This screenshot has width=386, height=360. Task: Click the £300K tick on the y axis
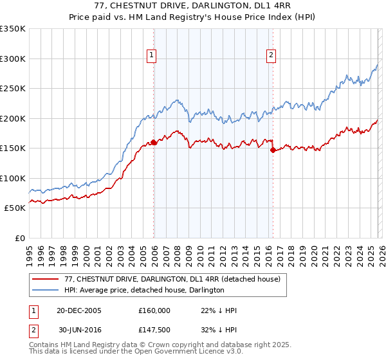(13, 59)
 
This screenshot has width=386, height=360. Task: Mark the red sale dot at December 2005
(154, 143)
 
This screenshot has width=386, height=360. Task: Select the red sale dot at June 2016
(273, 150)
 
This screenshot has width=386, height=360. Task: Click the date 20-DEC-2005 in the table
(79, 310)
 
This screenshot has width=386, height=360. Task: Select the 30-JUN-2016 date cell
(79, 330)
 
